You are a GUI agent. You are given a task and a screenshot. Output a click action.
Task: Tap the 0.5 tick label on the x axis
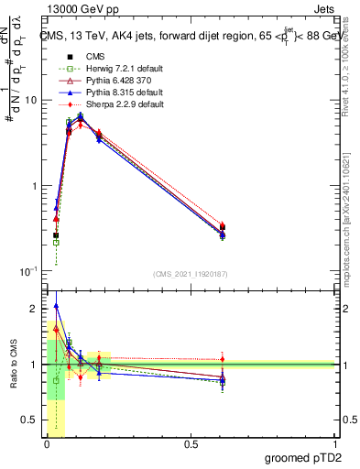(x=191, y=443)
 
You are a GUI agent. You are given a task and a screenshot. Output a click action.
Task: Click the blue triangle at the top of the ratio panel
(x=57, y=307)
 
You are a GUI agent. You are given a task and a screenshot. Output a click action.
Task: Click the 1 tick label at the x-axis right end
(x=334, y=443)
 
